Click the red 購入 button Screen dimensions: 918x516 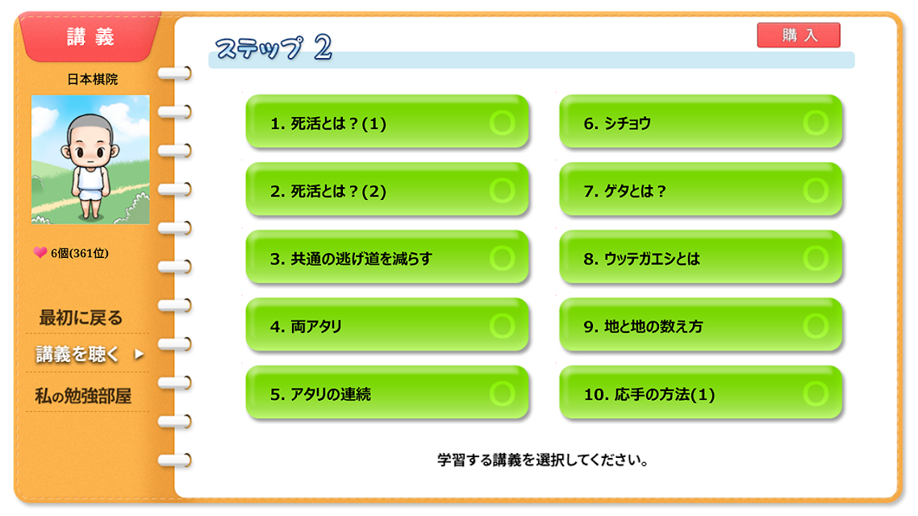(799, 35)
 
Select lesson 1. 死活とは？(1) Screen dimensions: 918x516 (387, 122)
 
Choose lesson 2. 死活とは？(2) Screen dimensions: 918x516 (387, 189)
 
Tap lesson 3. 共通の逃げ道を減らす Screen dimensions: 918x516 (387, 257)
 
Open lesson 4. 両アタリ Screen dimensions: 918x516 (387, 325)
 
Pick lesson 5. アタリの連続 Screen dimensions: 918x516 (387, 393)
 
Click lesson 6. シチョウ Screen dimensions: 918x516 (701, 122)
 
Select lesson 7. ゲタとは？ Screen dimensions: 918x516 (701, 189)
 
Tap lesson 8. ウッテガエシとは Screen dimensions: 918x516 (701, 257)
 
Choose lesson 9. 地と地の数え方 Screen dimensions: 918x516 (701, 325)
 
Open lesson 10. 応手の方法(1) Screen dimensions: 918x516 (701, 393)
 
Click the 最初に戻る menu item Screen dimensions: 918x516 (81, 318)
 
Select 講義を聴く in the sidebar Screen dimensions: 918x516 (78, 354)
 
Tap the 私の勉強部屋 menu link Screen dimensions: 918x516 (83, 396)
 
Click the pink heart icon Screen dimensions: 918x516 (40, 252)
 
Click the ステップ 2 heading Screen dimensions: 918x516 (273, 48)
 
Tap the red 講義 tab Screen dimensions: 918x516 (90, 37)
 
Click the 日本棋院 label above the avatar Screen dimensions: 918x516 (93, 79)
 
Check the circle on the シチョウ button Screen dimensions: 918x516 (816, 123)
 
